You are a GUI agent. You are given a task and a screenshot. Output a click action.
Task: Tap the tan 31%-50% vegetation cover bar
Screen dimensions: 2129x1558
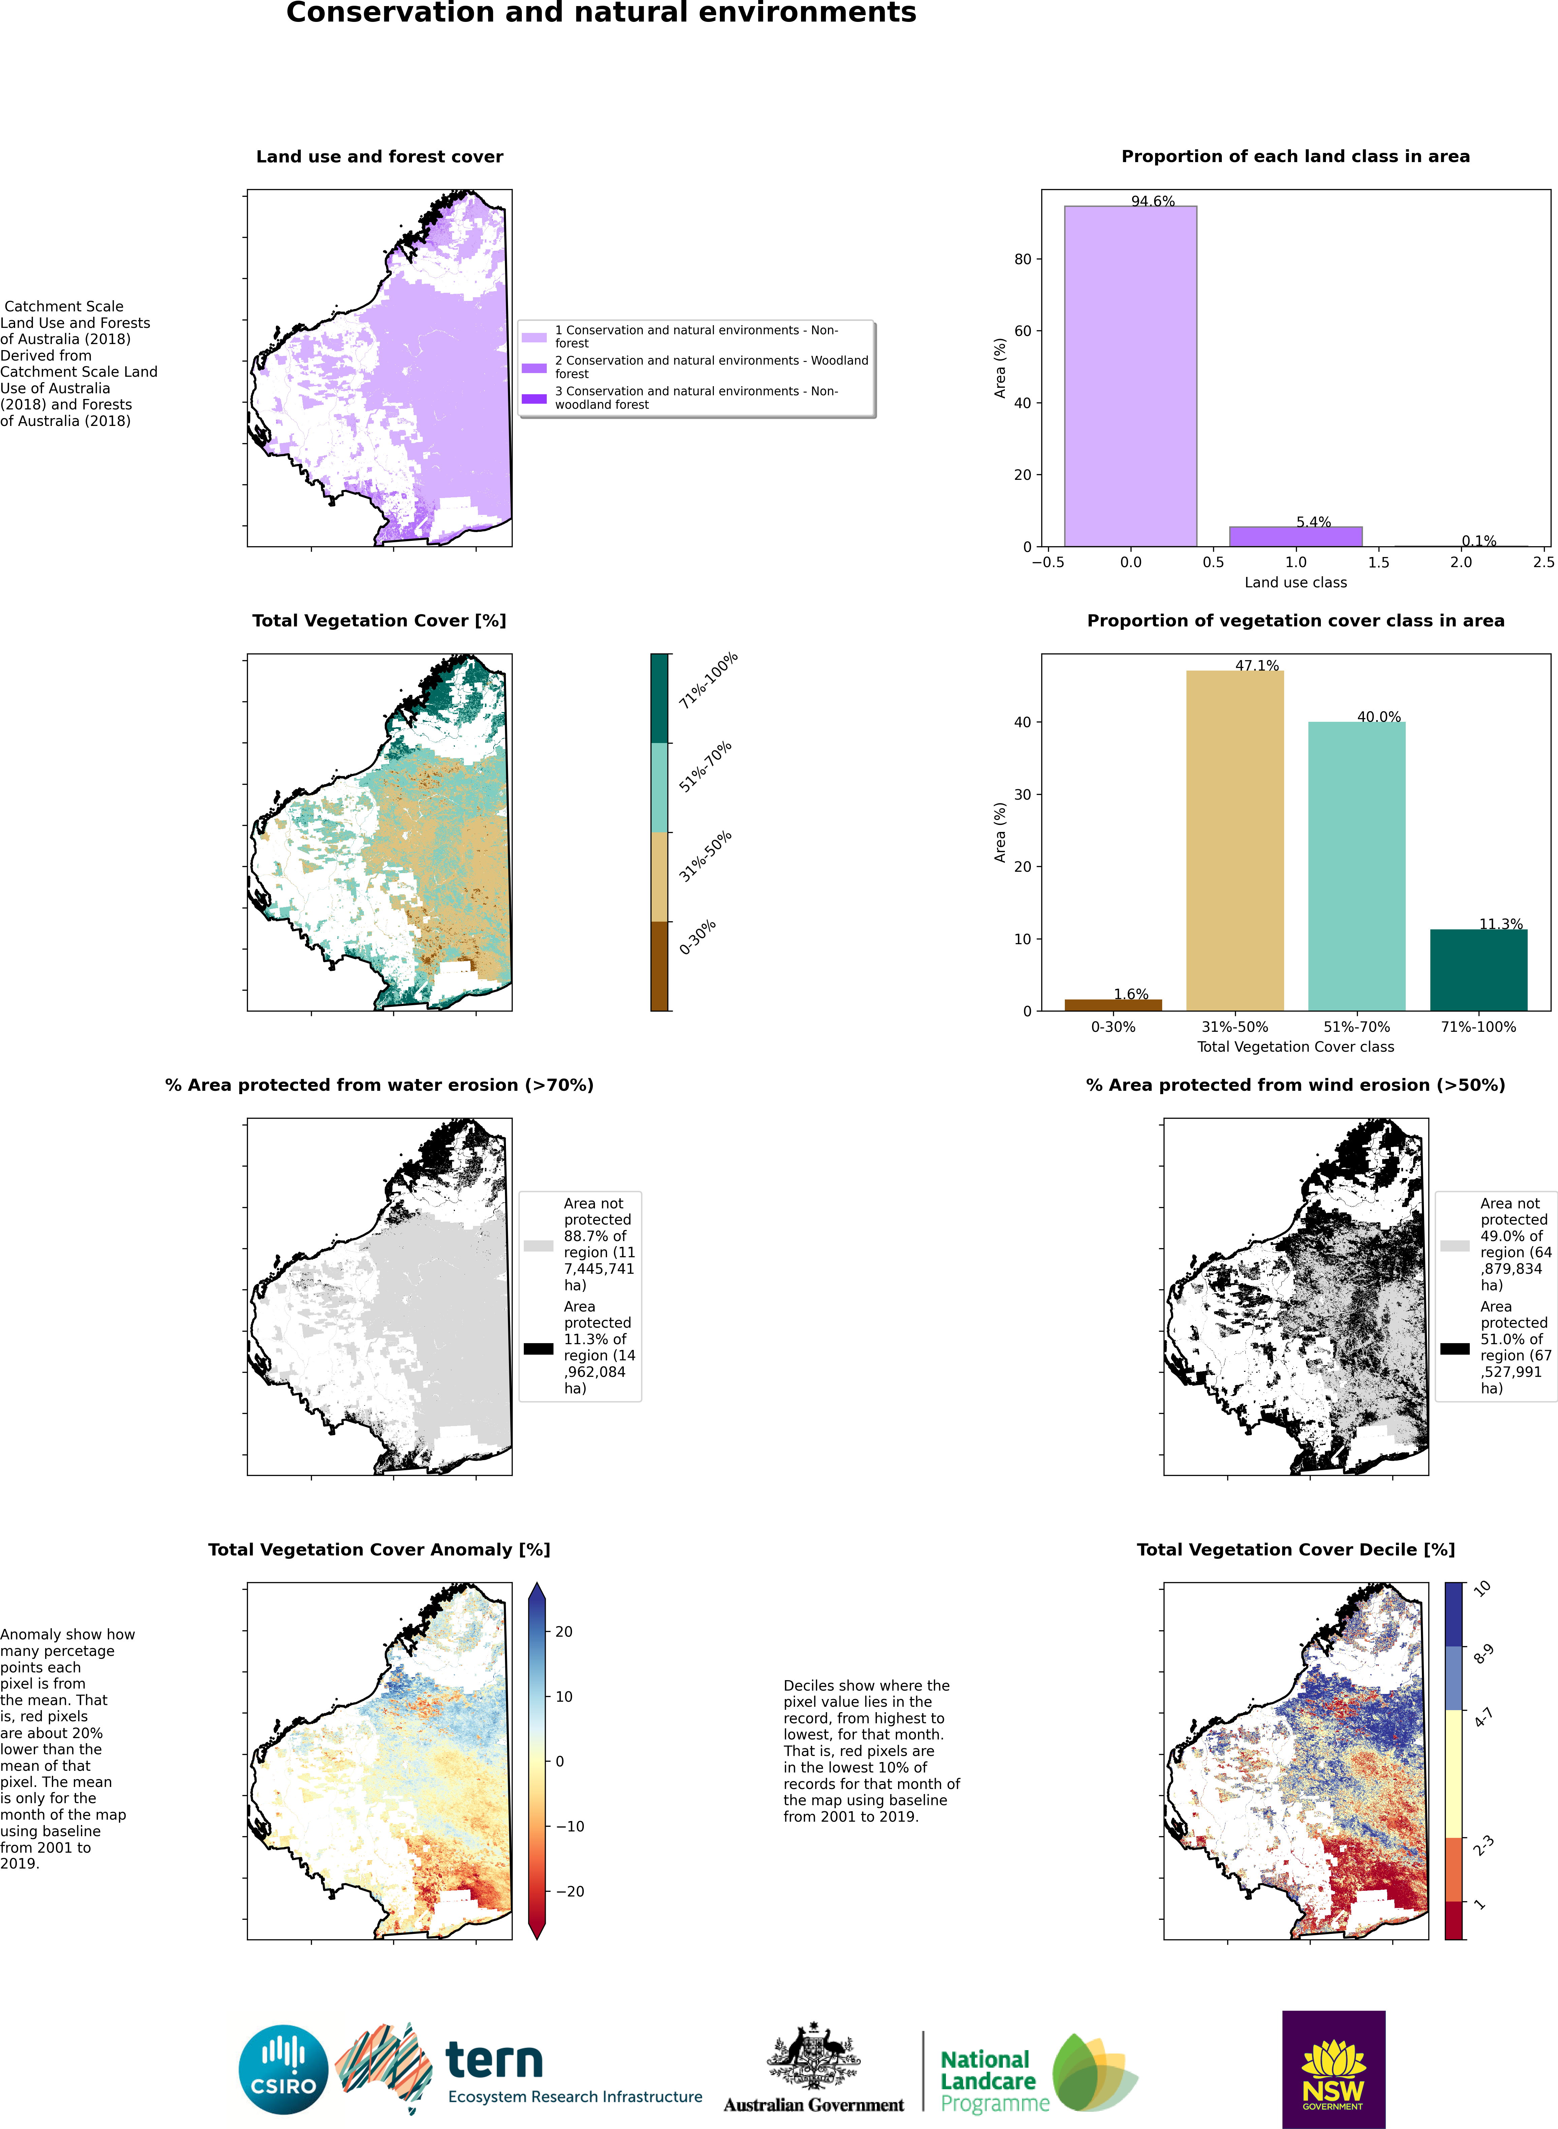coord(1235,839)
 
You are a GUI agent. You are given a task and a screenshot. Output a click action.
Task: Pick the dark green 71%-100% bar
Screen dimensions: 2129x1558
coord(1478,970)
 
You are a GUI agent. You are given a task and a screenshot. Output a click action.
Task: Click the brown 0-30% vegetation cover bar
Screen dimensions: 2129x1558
coord(1113,1005)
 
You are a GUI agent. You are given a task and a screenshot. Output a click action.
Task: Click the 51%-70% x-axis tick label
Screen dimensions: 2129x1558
coord(1356,1026)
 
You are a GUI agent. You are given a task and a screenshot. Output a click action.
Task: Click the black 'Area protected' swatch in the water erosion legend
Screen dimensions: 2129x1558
coord(539,1348)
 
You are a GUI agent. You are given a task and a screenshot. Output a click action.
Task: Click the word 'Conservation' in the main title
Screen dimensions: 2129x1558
coord(389,13)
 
